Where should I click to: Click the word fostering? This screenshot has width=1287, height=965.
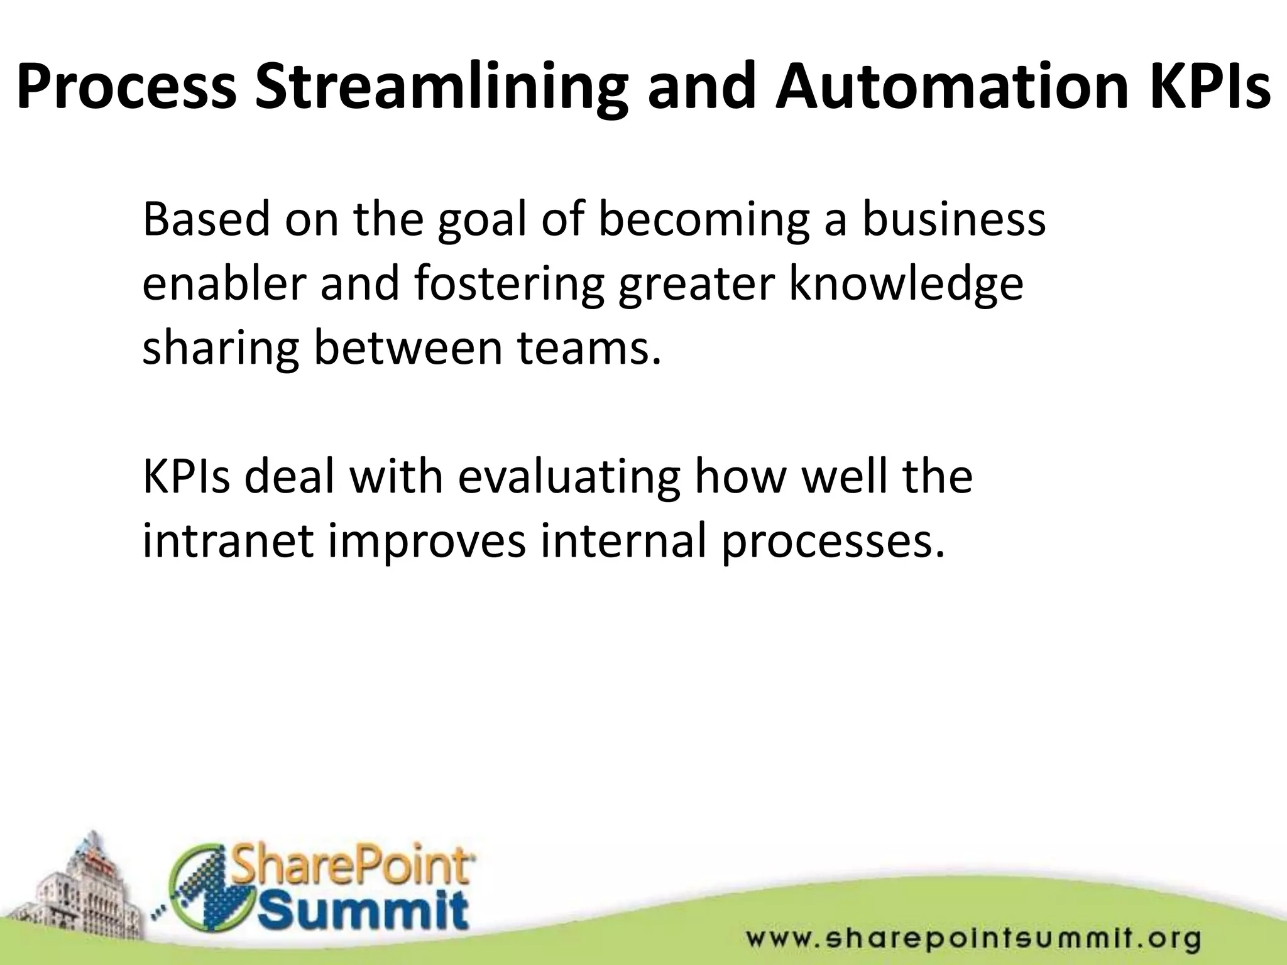[509, 285]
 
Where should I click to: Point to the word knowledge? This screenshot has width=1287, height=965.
[906, 285]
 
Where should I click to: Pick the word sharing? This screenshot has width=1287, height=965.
[220, 349]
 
